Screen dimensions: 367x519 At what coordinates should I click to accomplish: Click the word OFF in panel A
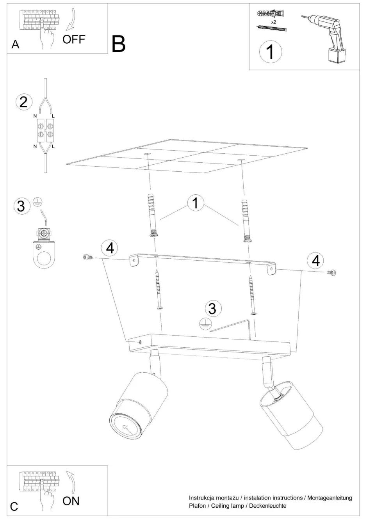74,39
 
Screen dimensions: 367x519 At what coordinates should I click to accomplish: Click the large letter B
118,44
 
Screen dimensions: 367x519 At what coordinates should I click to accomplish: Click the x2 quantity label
274,22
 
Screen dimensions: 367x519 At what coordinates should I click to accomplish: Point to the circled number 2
24,102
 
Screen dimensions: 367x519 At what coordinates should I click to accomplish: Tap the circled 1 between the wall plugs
196,203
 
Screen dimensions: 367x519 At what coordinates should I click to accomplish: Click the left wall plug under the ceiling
152,214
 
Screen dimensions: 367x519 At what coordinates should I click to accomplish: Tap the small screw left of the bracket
88,257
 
